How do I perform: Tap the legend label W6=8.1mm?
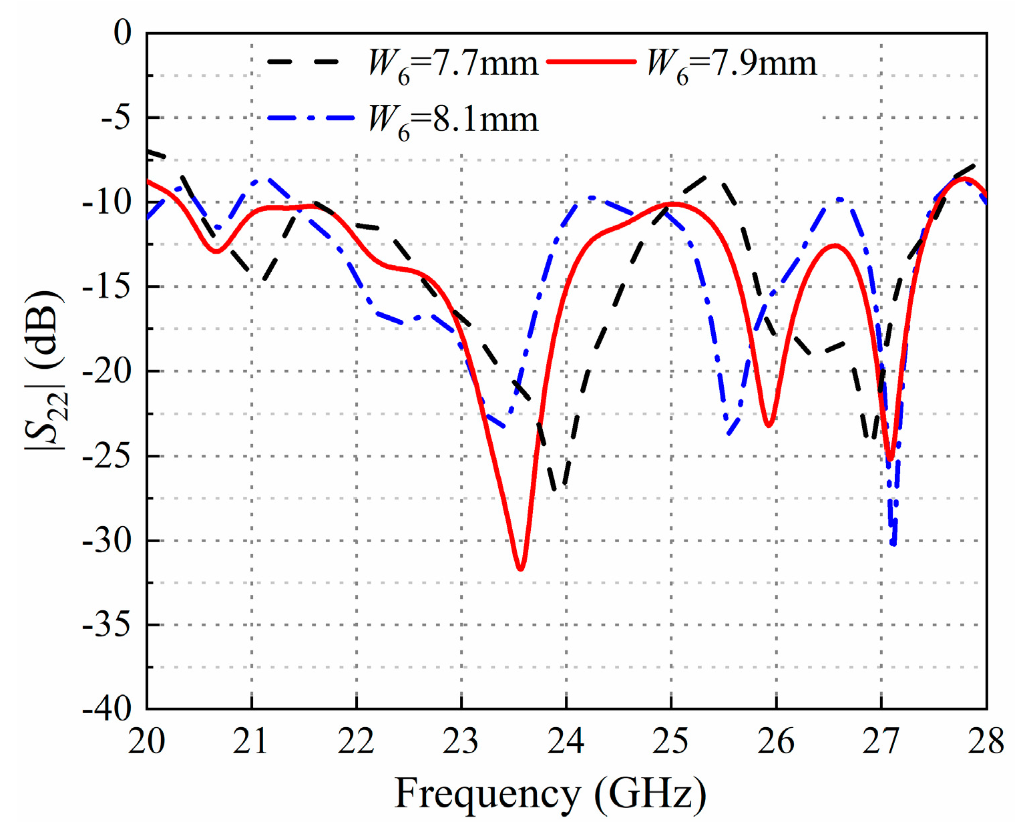coord(453,121)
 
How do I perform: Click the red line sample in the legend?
coord(590,61)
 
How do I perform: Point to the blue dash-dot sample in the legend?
coord(311,118)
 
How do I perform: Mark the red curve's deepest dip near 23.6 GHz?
coord(520,569)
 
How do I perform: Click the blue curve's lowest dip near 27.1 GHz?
coord(893,544)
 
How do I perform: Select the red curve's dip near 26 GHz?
coord(769,425)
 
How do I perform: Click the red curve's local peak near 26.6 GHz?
coord(835,246)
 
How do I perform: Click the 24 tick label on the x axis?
coord(566,742)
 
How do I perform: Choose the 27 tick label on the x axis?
coord(881,742)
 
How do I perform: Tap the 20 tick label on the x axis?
coord(147,742)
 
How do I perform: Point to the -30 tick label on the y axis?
coord(106,540)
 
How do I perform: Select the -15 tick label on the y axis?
coord(106,286)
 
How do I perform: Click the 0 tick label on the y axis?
coord(123,33)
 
